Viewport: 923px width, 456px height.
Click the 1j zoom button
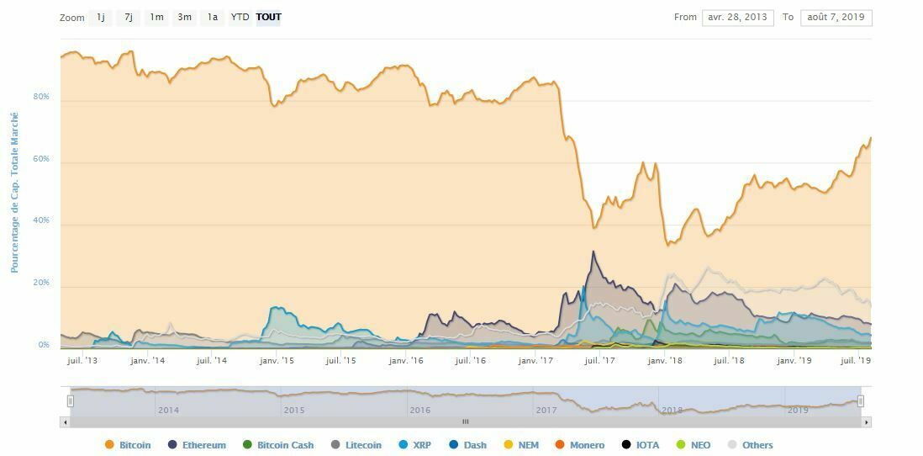point(101,18)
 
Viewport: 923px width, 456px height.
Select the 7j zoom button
point(129,18)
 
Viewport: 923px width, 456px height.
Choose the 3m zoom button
point(184,18)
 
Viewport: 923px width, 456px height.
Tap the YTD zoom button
point(240,18)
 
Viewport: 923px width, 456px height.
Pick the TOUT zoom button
point(268,18)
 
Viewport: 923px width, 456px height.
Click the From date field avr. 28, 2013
point(738,18)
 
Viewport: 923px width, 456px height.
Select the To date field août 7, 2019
point(836,18)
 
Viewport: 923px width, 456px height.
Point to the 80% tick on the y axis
point(41,97)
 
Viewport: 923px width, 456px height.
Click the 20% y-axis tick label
point(41,283)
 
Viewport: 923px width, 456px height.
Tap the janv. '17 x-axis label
point(535,361)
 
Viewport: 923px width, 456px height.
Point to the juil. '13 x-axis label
point(82,361)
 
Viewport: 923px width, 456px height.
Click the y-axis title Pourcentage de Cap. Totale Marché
point(14,193)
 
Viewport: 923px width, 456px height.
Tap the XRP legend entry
point(414,445)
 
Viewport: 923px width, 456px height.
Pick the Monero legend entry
point(580,445)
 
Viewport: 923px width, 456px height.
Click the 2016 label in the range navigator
point(419,411)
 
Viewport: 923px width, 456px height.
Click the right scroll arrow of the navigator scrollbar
point(867,422)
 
